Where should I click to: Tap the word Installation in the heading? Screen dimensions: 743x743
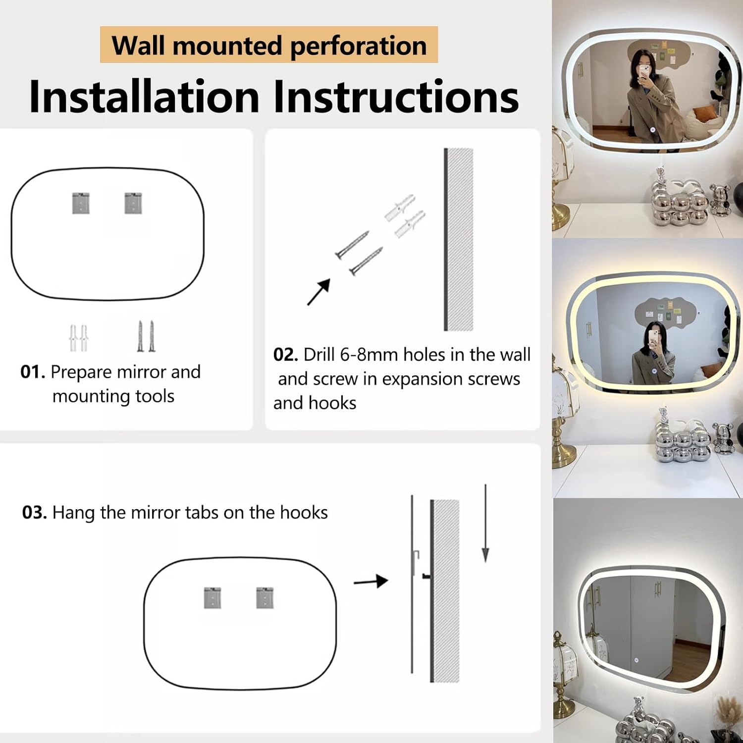[x=144, y=96]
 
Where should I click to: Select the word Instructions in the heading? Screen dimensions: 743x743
[x=396, y=96]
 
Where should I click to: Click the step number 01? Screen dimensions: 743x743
[x=33, y=371]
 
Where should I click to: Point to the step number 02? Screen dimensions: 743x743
[x=285, y=355]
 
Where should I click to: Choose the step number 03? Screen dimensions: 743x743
[x=35, y=512]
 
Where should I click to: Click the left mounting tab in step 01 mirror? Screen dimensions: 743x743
[x=81, y=203]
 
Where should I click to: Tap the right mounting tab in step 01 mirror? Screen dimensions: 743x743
[x=133, y=203]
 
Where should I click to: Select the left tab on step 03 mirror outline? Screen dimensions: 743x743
[x=212, y=598]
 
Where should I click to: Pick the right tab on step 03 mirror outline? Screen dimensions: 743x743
[x=265, y=598]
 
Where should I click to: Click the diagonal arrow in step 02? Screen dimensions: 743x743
[x=319, y=292]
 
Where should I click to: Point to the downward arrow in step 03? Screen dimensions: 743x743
[x=485, y=524]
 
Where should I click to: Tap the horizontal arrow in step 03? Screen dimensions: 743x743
[x=371, y=581]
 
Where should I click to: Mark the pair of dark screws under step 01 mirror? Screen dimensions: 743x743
[x=146, y=336]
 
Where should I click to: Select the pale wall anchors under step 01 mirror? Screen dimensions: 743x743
[x=78, y=338]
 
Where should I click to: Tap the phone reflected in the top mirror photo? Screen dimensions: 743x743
[x=644, y=72]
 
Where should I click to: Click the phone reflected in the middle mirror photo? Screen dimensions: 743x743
[x=654, y=338]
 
